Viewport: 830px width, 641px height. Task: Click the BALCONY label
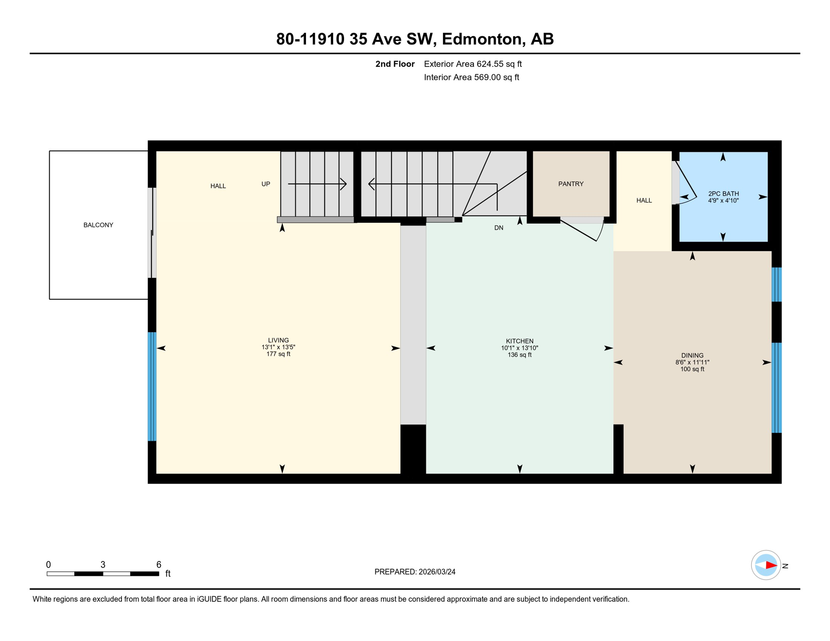tap(98, 225)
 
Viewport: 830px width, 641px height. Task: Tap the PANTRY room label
tap(571, 184)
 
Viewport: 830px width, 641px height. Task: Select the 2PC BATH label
tap(723, 194)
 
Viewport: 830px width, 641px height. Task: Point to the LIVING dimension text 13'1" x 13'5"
tap(278, 347)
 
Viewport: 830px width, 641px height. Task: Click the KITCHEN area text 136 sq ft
tap(519, 355)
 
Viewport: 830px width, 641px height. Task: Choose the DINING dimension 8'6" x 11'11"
tap(692, 363)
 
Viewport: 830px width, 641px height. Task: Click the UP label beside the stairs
tap(266, 184)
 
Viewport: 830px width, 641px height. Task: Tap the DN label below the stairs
tap(499, 228)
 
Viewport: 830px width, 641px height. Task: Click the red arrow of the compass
tap(771, 565)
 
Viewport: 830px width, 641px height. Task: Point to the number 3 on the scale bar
tap(103, 565)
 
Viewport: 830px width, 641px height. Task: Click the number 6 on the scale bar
tap(159, 565)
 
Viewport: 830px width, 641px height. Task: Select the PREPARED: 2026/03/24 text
tap(415, 572)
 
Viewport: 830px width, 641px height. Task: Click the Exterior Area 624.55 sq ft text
tap(473, 64)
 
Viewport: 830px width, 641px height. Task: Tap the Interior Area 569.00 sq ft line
tap(471, 77)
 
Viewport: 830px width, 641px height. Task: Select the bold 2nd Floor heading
tap(395, 64)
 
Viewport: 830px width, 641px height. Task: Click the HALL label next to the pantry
tap(644, 201)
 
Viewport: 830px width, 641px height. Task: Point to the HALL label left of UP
tap(218, 186)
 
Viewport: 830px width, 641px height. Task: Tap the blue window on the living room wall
tap(152, 386)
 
